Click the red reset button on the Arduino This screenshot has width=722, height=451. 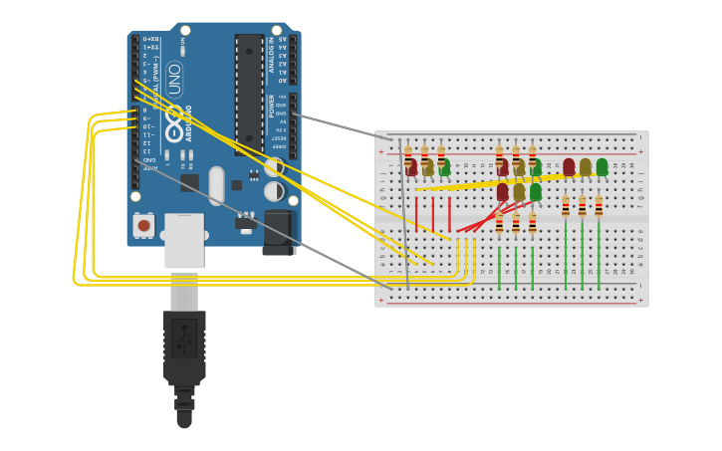click(x=144, y=226)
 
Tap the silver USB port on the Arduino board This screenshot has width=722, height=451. click(x=184, y=239)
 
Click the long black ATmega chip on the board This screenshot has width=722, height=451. click(x=249, y=95)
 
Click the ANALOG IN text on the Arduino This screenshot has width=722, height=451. click(x=271, y=56)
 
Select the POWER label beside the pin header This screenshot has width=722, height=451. click(x=271, y=106)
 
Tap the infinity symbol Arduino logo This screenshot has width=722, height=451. click(x=174, y=124)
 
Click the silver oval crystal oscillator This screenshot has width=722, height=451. click(x=216, y=186)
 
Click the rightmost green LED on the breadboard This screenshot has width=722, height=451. click(x=602, y=166)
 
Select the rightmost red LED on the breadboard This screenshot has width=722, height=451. click(x=569, y=166)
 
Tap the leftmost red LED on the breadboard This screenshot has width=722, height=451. click(x=411, y=167)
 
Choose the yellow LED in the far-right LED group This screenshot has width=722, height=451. click(x=586, y=166)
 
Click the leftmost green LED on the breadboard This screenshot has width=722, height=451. click(x=444, y=167)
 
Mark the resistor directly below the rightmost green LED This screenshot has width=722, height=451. click(x=599, y=206)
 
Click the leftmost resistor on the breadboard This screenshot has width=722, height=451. click(x=407, y=157)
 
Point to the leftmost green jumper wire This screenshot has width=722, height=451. click(x=499, y=267)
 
